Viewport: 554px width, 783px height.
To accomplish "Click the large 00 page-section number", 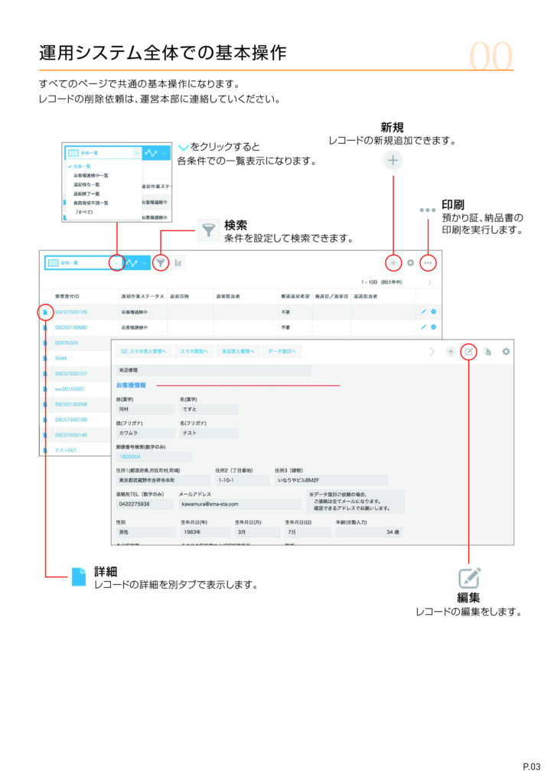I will [491, 55].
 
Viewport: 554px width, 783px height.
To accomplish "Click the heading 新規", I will [392, 127].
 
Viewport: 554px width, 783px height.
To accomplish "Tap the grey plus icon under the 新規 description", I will [393, 161].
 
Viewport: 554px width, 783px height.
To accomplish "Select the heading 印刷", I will [453, 205].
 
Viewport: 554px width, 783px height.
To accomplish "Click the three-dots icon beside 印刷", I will [427, 210].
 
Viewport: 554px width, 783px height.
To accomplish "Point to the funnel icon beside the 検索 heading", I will [207, 230].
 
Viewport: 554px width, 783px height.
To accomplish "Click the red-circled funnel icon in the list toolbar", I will [161, 262].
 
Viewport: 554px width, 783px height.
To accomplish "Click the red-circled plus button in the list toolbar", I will [393, 262].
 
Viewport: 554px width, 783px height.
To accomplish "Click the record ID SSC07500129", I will [71, 312].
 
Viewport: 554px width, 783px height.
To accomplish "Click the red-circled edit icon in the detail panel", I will [468, 352].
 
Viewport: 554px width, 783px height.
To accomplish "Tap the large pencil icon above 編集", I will [468, 577].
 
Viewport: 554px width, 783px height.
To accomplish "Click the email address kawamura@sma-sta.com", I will [210, 504].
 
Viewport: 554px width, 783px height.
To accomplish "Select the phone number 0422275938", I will [135, 504].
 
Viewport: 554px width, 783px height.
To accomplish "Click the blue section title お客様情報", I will [131, 385].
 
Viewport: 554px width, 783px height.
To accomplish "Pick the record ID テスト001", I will [66, 450].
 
